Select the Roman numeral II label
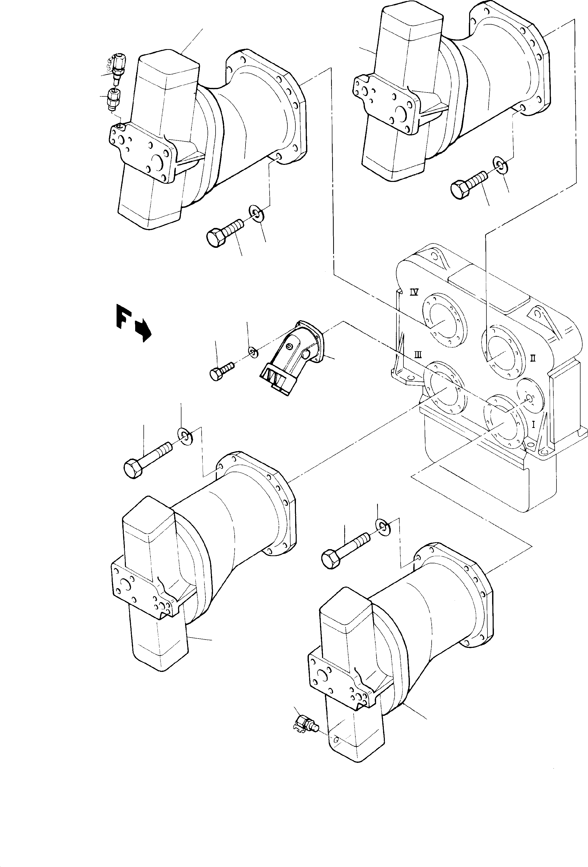533,358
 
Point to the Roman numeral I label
533,424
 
